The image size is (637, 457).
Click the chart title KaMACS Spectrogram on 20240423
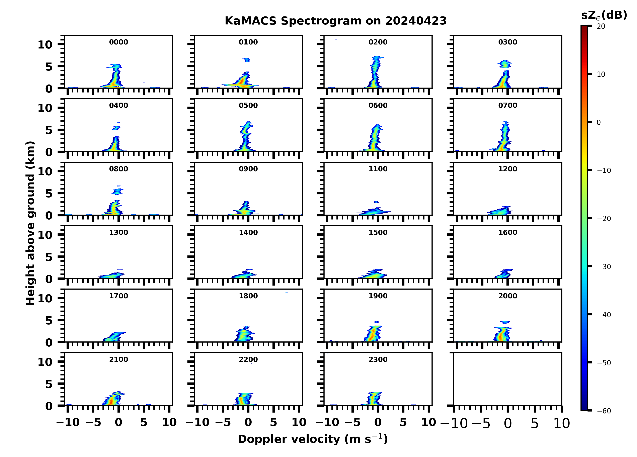point(335,21)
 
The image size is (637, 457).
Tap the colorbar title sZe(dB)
point(604,15)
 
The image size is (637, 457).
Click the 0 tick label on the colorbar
point(599,122)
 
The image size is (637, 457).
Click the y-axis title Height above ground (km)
point(30,223)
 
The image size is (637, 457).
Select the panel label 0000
point(118,42)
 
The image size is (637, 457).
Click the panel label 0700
point(507,106)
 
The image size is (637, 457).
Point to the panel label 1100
point(378,169)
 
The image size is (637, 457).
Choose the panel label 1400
point(248,232)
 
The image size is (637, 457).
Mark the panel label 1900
point(378,296)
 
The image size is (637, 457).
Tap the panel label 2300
point(378,360)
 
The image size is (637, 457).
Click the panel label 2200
point(248,360)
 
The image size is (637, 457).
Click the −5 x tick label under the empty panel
point(481,424)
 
